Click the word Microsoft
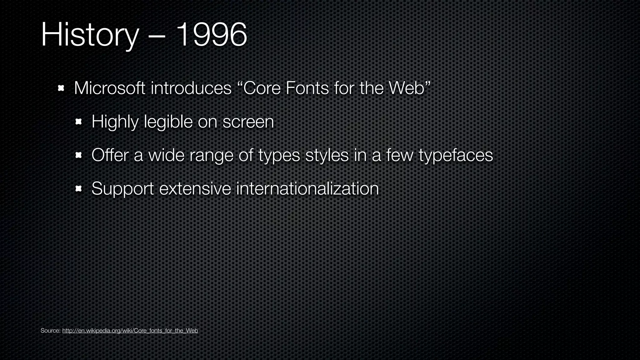(109, 88)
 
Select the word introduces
(191, 88)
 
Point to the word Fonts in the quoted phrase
(307, 88)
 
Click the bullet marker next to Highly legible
(78, 122)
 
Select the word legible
(168, 122)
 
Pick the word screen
(248, 122)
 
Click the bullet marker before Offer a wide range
(78, 155)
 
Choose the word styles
(327, 155)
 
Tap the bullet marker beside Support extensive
(78, 188)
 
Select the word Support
(122, 189)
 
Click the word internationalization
(307, 188)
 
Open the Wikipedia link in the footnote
(130, 331)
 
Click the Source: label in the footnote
(50, 331)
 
